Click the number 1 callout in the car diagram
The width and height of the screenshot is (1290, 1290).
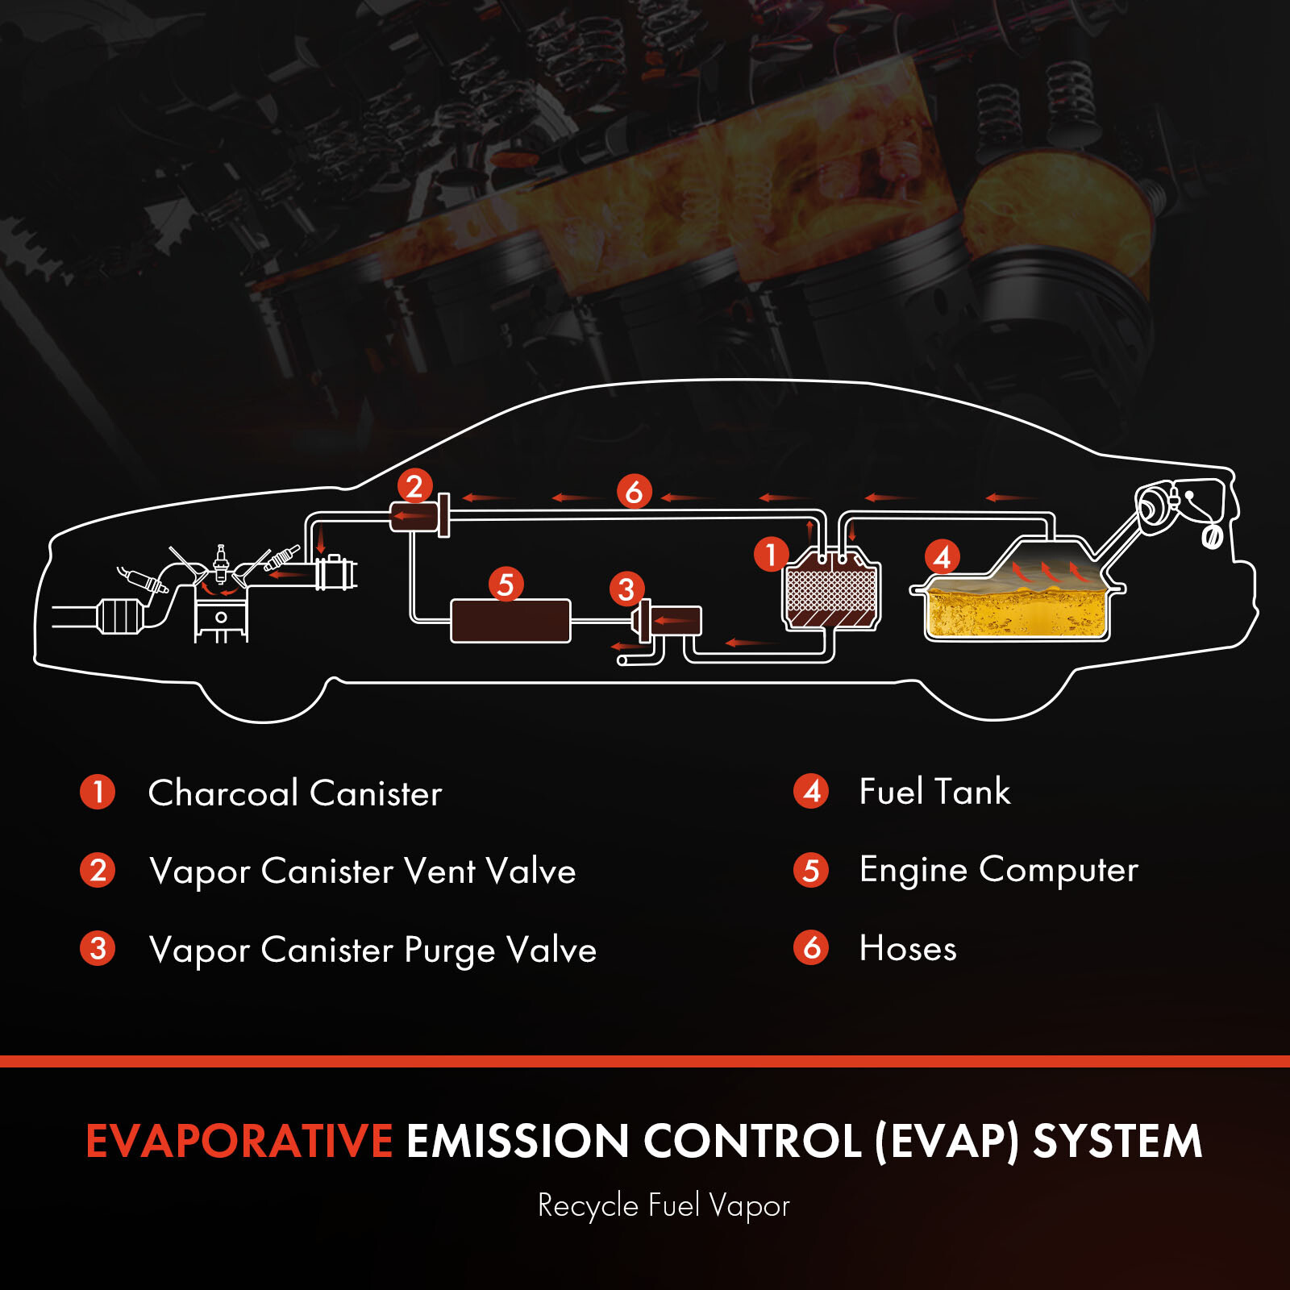tap(771, 555)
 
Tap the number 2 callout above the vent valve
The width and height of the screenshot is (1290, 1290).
tap(414, 486)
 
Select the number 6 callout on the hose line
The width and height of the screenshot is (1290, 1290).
tap(634, 491)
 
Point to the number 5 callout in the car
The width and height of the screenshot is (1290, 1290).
tap(506, 584)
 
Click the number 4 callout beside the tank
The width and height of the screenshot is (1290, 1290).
tap(942, 556)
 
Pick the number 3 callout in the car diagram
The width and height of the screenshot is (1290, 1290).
tap(626, 589)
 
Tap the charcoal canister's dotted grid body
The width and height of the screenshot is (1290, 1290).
tap(830, 589)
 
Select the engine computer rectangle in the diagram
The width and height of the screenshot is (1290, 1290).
tap(510, 621)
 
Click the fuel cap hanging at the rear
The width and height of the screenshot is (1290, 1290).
tap(1212, 536)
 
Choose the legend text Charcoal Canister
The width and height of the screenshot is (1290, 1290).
tap(295, 793)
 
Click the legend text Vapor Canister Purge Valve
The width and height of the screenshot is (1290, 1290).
tap(372, 950)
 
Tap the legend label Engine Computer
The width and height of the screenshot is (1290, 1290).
tap(998, 870)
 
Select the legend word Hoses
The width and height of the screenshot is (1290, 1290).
tap(908, 948)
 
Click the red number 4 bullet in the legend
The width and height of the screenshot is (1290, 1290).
tap(811, 791)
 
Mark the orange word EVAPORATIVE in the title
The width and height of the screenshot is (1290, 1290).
tap(239, 1141)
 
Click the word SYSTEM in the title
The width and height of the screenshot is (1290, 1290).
tap(1117, 1141)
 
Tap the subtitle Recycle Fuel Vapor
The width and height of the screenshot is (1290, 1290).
tap(664, 1206)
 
